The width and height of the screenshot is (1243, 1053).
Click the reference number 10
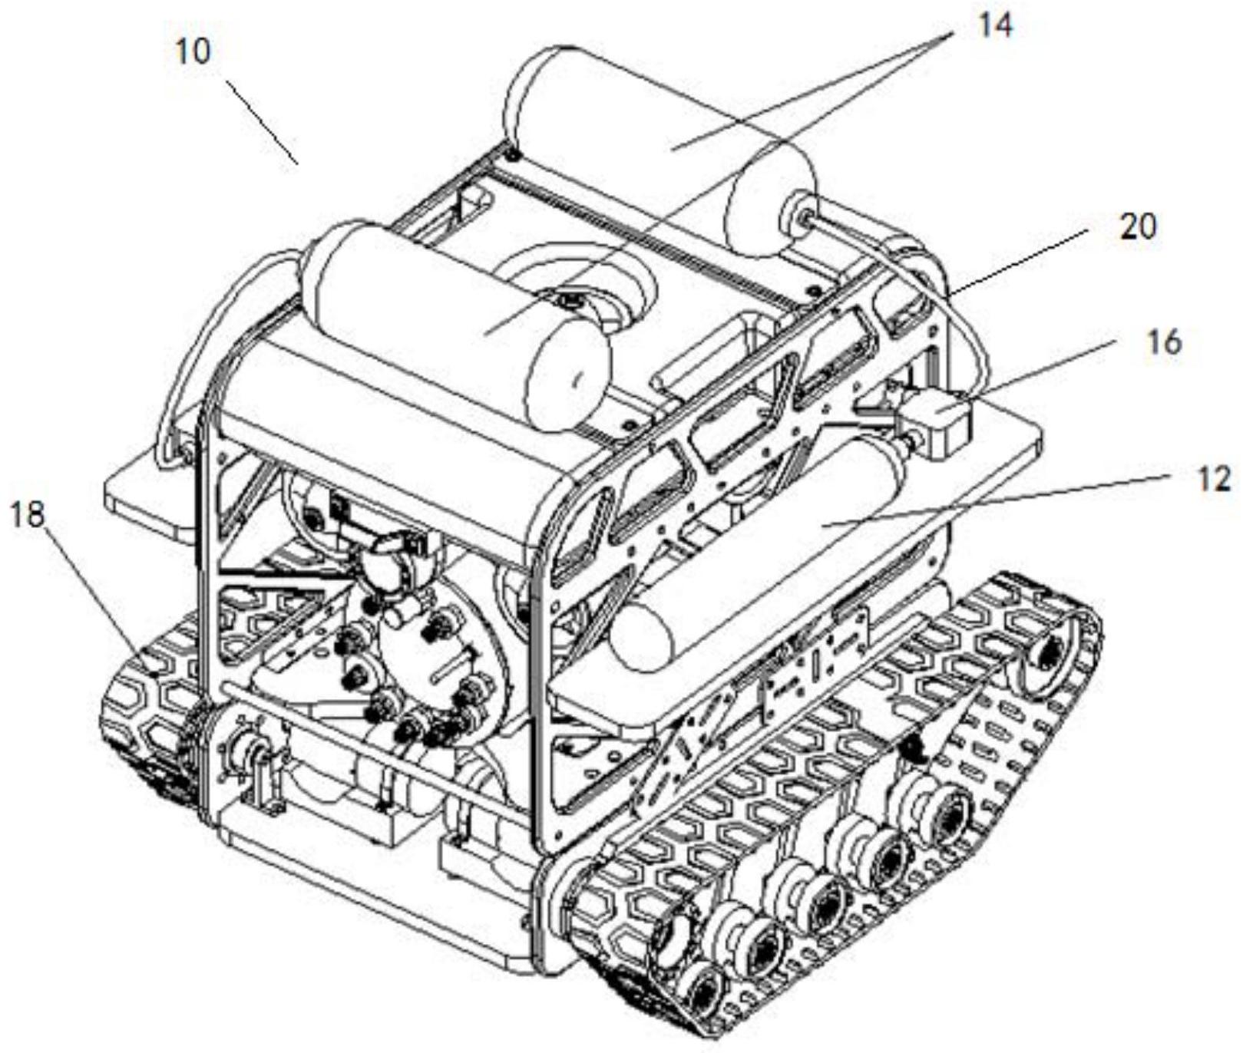pyautogui.click(x=193, y=52)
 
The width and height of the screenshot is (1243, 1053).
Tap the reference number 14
pyautogui.click(x=994, y=25)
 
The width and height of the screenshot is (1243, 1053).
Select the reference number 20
pyautogui.click(x=1138, y=226)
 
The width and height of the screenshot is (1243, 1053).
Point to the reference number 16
pyautogui.click(x=1164, y=342)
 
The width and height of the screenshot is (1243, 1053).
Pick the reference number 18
pyautogui.click(x=28, y=515)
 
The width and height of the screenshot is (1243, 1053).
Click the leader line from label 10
pyautogui.click(x=262, y=120)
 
